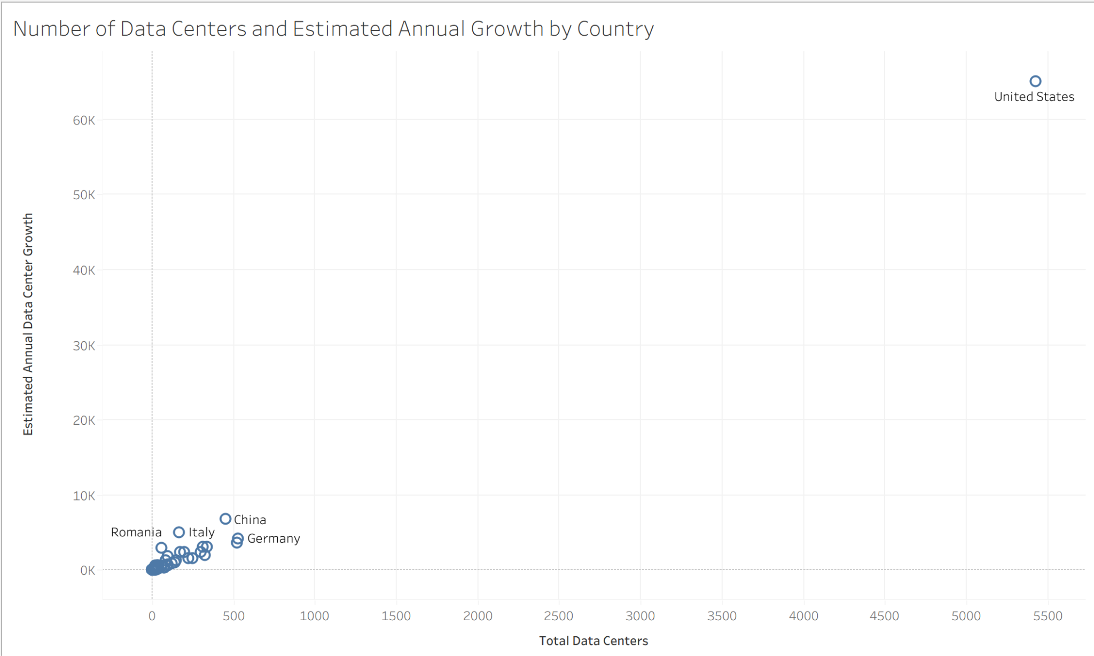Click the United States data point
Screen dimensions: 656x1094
(x=1035, y=81)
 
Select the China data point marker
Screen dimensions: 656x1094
(x=225, y=519)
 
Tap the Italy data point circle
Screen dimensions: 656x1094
(x=179, y=532)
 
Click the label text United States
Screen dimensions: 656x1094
(x=1034, y=97)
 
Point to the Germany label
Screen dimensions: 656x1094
(x=273, y=538)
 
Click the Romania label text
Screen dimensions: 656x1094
(x=136, y=532)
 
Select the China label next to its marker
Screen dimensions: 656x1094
(x=250, y=520)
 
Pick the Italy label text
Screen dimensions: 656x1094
(x=201, y=532)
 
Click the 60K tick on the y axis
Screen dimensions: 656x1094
(x=84, y=120)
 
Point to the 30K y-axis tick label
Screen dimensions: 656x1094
(x=84, y=346)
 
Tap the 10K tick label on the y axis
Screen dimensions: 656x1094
(x=84, y=496)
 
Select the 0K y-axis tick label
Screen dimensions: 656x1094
(x=87, y=571)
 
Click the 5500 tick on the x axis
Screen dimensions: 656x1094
(x=1048, y=616)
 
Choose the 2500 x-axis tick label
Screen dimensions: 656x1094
(x=558, y=616)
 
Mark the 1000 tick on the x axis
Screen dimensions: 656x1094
(x=314, y=616)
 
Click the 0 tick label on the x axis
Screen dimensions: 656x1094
(x=152, y=616)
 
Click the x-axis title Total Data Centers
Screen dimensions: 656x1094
(x=593, y=641)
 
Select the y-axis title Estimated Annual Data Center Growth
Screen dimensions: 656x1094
(x=28, y=324)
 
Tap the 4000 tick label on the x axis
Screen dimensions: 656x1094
(x=803, y=616)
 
